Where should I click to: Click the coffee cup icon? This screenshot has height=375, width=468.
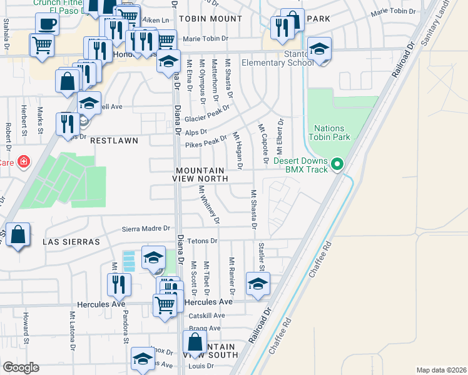[46, 26]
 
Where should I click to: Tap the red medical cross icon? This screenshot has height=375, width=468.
[24, 162]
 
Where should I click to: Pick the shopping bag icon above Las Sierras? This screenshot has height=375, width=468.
[19, 235]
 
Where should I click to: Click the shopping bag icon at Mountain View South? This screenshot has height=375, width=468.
[195, 342]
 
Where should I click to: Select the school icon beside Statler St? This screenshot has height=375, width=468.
[257, 284]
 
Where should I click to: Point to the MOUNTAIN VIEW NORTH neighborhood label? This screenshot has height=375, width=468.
[200, 174]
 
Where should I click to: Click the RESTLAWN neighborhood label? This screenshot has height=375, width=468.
[114, 141]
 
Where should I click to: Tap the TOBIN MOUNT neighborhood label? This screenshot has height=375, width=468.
[210, 19]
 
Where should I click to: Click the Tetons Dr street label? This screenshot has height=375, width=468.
[201, 241]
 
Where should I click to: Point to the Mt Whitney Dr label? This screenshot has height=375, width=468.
[209, 204]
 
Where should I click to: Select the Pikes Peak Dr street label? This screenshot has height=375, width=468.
[206, 143]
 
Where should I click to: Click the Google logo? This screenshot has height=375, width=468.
[21, 367]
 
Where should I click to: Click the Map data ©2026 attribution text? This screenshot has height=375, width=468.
[441, 370]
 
